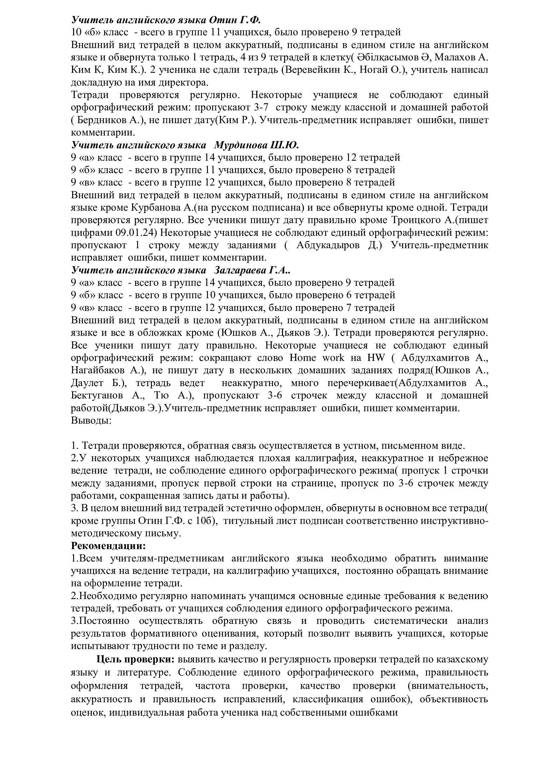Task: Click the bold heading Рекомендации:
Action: pos(108,546)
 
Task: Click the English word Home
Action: pos(303,358)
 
